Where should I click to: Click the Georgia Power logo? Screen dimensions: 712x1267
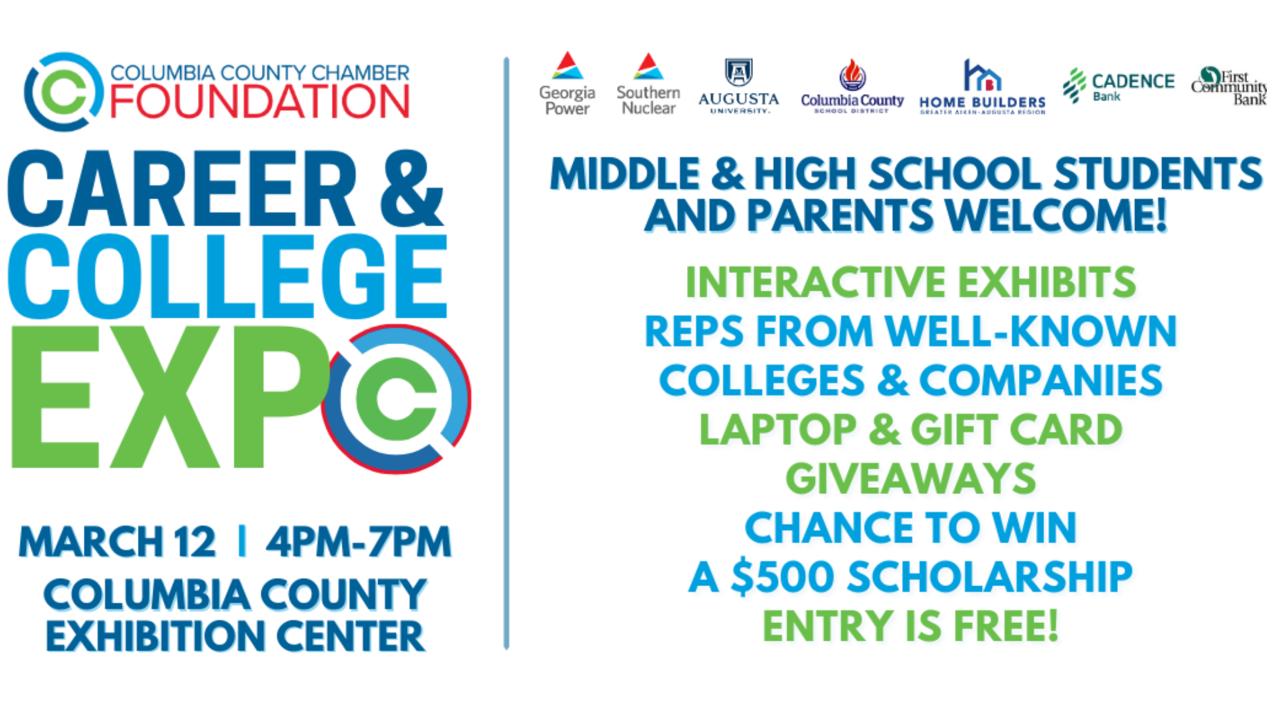pyautogui.click(x=567, y=84)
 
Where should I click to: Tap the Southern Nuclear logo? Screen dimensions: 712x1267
pyautogui.click(x=648, y=84)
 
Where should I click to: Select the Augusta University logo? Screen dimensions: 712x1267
pyautogui.click(x=738, y=86)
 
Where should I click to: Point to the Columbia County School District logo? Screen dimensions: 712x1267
pyautogui.click(x=852, y=86)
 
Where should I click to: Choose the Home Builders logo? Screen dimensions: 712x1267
pyautogui.click(x=982, y=86)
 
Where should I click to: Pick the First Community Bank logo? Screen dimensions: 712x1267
pyautogui.click(x=1229, y=86)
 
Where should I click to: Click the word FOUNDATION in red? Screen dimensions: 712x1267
pyautogui.click(x=259, y=102)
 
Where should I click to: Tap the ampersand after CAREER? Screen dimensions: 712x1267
pyautogui.click(x=411, y=189)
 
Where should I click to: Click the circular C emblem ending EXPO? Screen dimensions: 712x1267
pyautogui.click(x=396, y=399)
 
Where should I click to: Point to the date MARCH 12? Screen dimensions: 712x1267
pyautogui.click(x=117, y=542)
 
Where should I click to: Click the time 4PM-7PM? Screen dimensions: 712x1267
pyautogui.click(x=358, y=542)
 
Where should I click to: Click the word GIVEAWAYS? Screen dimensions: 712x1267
pyautogui.click(x=911, y=479)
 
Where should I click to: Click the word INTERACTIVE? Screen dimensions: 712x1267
pyautogui.click(x=816, y=282)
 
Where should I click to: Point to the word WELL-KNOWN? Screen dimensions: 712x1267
pyautogui.click(x=1031, y=331)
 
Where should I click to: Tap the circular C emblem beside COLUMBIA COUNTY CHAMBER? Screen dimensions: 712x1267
pyautogui.click(x=64, y=92)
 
